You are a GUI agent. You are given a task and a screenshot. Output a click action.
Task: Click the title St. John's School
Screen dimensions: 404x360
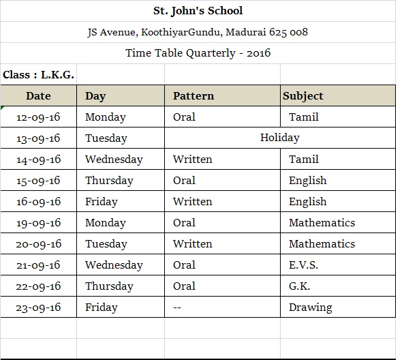click(198, 11)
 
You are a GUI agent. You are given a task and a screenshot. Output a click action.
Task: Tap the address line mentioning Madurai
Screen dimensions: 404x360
click(198, 32)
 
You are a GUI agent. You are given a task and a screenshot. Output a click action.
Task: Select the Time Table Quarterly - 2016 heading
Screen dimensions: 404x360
click(198, 53)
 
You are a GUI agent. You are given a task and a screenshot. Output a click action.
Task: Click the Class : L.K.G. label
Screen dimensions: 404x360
click(39, 74)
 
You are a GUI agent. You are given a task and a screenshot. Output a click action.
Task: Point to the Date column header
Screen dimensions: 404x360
click(38, 96)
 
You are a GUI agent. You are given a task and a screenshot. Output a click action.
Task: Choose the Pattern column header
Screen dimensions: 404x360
click(193, 96)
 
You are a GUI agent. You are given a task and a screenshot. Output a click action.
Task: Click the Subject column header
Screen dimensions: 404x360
click(303, 96)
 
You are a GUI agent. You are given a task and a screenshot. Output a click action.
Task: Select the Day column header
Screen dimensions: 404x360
click(95, 96)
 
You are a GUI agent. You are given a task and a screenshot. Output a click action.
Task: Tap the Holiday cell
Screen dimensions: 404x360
click(279, 138)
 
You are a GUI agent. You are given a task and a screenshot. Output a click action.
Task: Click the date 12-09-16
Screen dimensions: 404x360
click(38, 117)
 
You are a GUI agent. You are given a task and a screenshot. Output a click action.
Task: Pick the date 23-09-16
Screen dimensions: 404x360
click(38, 307)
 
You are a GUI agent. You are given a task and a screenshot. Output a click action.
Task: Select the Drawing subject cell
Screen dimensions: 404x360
click(310, 307)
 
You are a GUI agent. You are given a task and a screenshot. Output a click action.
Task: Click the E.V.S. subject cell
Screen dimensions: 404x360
click(303, 265)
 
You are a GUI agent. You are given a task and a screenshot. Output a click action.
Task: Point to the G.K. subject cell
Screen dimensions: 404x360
click(300, 286)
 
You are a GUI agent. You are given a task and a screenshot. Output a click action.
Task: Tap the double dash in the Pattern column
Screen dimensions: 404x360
click(177, 307)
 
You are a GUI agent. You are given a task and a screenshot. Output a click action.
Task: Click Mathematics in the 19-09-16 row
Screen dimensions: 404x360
click(322, 223)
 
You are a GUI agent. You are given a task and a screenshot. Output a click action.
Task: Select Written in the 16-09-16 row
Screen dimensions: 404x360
click(192, 202)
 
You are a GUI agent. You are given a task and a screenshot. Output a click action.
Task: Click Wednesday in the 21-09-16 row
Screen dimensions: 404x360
click(114, 265)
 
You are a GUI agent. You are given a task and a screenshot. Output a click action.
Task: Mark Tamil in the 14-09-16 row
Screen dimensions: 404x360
click(303, 160)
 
